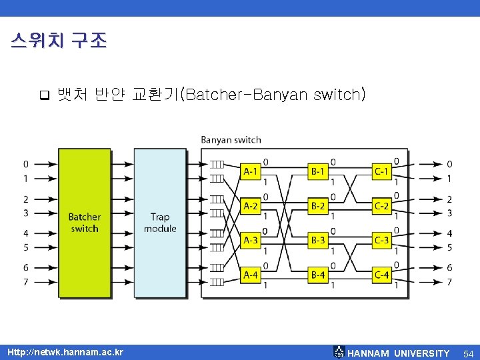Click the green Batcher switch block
tap(85, 223)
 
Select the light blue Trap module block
tap(160, 223)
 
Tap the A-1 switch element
tap(251, 171)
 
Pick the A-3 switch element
tap(251, 240)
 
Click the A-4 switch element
tap(251, 274)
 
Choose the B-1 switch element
tap(318, 171)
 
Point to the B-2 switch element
tap(318, 205)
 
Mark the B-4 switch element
tap(318, 274)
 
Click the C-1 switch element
tap(381, 171)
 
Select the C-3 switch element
tap(381, 240)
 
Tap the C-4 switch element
tap(381, 274)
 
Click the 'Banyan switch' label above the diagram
tap(231, 140)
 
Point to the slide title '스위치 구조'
tap(59, 41)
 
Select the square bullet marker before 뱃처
tap(44, 95)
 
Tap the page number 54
tap(468, 353)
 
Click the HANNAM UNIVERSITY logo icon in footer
tap(339, 352)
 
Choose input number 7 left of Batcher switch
tap(25, 282)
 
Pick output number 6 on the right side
tap(449, 267)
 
